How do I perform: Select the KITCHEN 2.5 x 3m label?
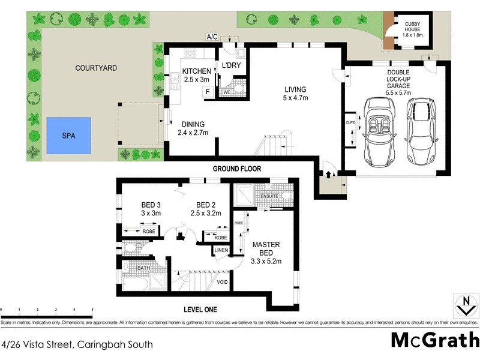[x=197, y=76]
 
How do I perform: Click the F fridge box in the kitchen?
[x=208, y=92]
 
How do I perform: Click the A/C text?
[x=212, y=37]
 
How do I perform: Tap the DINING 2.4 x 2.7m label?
[x=193, y=128]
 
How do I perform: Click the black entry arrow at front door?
[x=329, y=175]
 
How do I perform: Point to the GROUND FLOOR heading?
[x=237, y=169]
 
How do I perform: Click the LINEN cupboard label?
[x=221, y=250]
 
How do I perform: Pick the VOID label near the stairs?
[x=222, y=282]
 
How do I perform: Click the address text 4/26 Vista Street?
[x=77, y=344]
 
